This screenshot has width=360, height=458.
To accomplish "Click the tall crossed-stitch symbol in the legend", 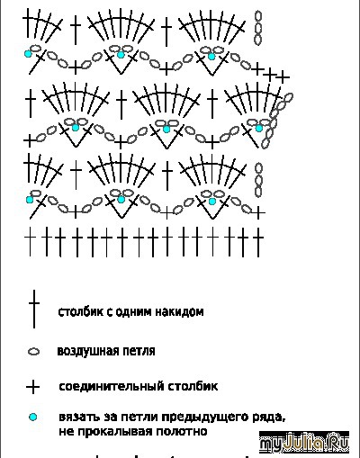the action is click(34, 309).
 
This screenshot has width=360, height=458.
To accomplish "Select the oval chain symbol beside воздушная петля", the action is click(33, 352).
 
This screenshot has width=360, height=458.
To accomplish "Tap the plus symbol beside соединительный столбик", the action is click(33, 387).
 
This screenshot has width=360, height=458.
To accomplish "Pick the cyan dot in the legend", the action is click(32, 417).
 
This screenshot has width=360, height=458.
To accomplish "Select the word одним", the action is click(133, 312).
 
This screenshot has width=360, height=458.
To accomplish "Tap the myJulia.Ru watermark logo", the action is click(304, 442).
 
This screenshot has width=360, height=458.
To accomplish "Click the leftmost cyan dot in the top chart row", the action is click(28, 54).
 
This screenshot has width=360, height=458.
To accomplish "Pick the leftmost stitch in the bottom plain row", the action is click(30, 242).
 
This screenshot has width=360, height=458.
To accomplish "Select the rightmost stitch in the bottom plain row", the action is click(258, 242).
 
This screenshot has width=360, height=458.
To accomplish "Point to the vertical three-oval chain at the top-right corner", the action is click(258, 28).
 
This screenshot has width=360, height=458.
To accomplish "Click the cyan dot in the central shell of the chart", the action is click(166, 129).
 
